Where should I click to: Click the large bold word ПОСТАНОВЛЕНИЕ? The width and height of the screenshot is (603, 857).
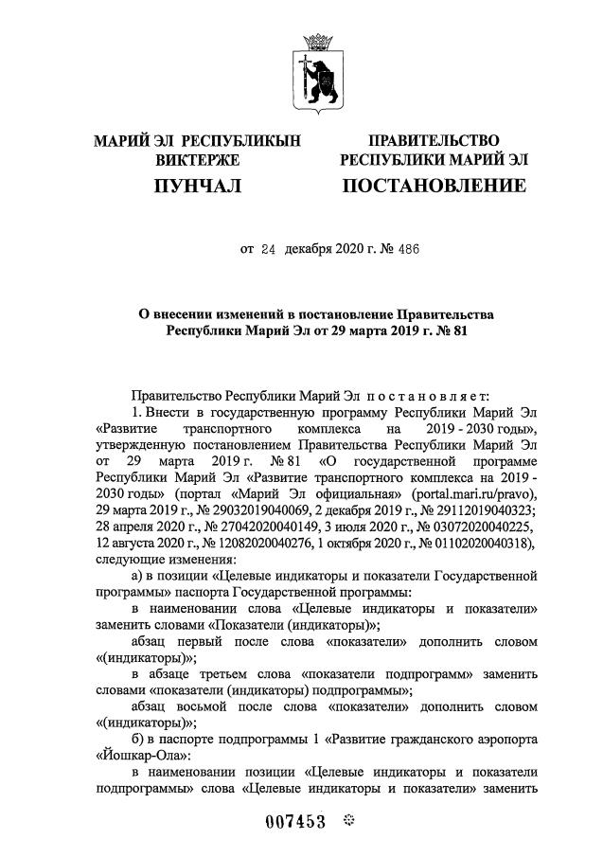pyautogui.click(x=435, y=185)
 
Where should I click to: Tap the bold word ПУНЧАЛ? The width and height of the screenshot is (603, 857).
pyautogui.click(x=198, y=185)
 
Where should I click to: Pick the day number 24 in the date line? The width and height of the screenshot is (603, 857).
pyautogui.click(x=269, y=250)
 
